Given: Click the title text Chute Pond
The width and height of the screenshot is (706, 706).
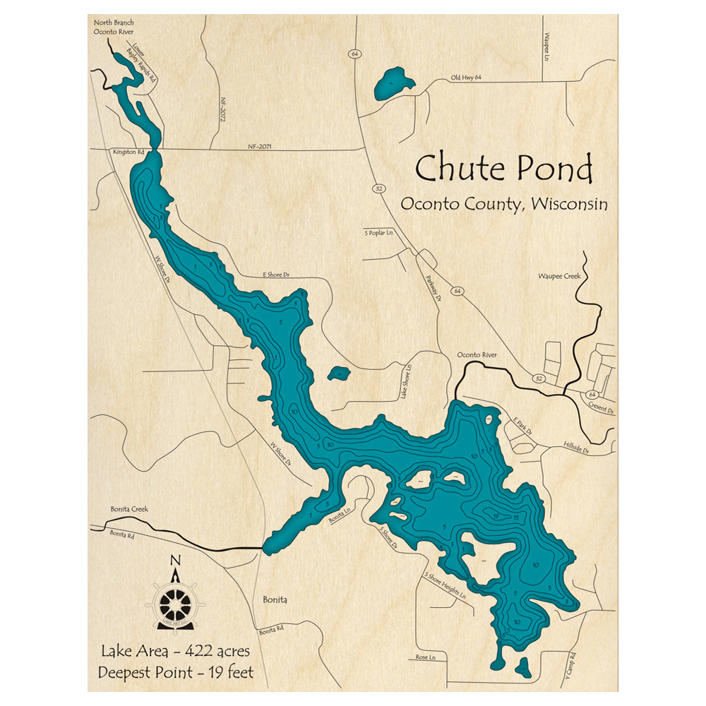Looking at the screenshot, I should click(503, 169).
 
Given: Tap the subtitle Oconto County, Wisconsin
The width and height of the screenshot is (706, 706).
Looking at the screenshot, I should click(503, 204).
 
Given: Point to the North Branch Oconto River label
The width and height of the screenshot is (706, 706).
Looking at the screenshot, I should click(114, 27).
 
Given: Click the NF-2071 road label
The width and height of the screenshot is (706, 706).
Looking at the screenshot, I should click(260, 147).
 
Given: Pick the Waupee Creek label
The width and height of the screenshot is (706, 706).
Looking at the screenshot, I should click(559, 276).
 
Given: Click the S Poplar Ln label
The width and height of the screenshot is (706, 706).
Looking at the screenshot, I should click(378, 232).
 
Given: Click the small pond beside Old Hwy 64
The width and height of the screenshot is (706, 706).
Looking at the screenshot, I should click(393, 83).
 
